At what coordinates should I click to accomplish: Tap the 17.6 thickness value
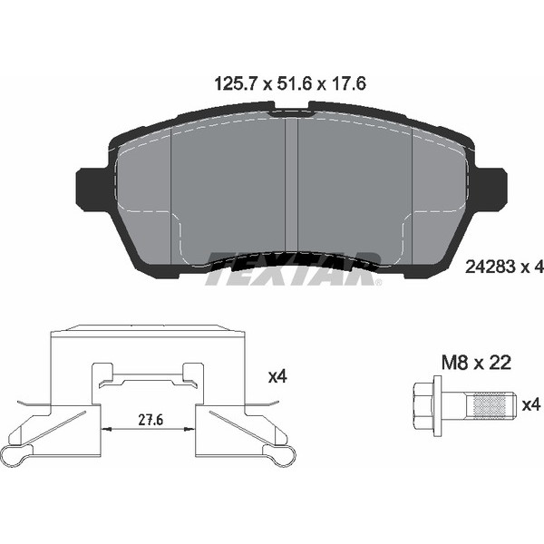pyautogui.click(x=347, y=84)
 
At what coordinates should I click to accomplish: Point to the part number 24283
pyautogui.click(x=489, y=267)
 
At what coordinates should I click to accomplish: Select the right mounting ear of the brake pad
pyautogui.click(x=491, y=189)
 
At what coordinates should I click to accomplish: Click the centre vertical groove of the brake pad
pyautogui.click(x=291, y=186)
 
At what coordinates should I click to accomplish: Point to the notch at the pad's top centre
pyautogui.click(x=291, y=106)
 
